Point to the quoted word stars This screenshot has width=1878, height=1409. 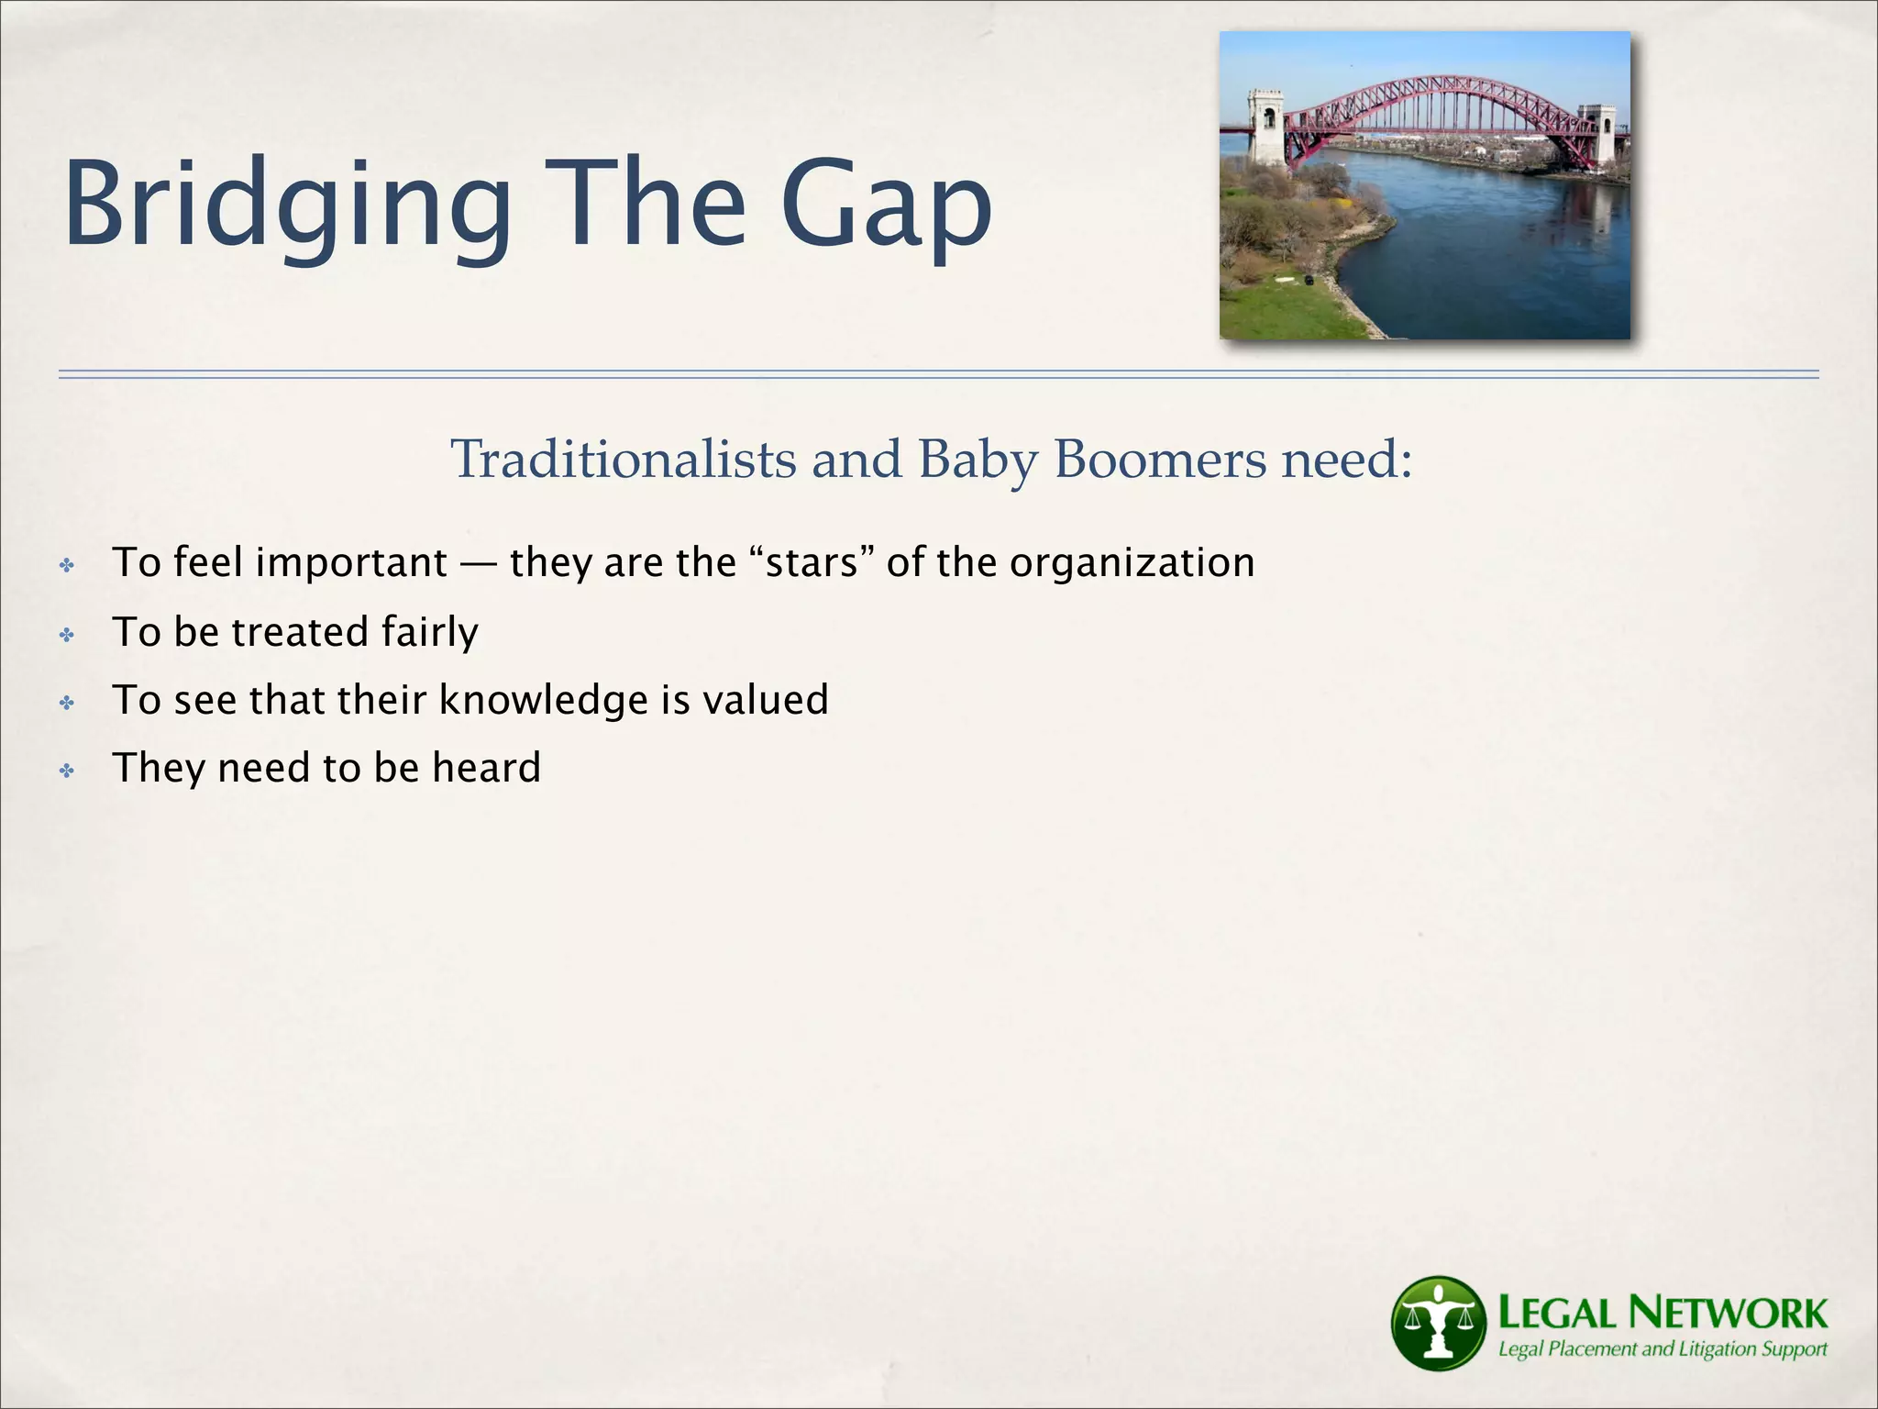[812, 562]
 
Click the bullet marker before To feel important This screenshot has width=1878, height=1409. [67, 565]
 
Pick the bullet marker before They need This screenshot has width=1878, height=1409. [67, 771]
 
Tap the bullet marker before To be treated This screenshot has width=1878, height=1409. [67, 635]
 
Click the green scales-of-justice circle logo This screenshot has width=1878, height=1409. [1437, 1323]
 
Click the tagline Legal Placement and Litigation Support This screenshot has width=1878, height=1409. [1662, 1349]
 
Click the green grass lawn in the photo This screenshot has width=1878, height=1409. [1284, 307]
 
